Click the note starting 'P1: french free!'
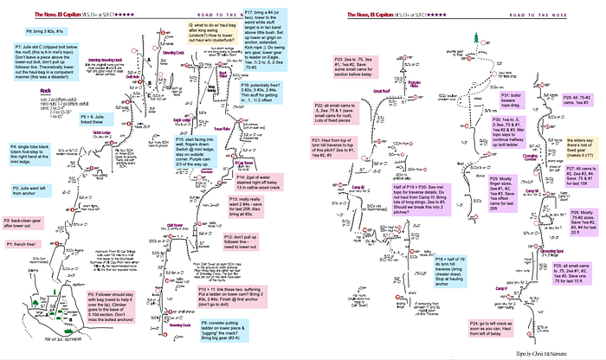29,245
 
